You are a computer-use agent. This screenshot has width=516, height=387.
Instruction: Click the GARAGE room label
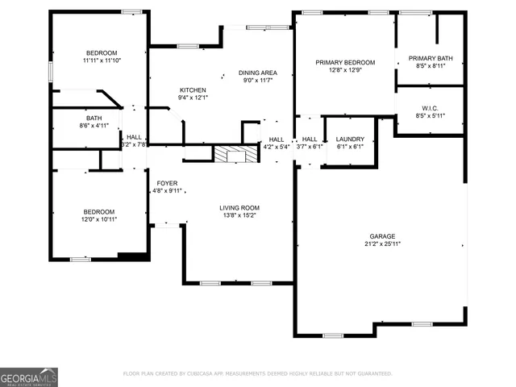coord(382,236)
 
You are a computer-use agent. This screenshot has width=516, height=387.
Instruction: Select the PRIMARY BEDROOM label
coord(345,63)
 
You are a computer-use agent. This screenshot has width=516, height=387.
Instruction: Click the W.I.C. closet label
coord(429,108)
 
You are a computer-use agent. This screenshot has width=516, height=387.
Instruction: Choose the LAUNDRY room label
coord(350,139)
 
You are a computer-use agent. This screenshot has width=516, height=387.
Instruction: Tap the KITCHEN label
coord(193,90)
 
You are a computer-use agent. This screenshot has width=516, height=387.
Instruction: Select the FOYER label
coord(167,183)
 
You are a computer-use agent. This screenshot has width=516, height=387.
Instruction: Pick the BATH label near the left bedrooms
coord(83,119)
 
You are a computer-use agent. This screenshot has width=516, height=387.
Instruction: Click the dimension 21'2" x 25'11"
coord(382,244)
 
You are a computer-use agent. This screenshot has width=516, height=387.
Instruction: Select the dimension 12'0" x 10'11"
coord(98,219)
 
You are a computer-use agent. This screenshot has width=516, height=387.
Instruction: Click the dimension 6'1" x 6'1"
coord(350,147)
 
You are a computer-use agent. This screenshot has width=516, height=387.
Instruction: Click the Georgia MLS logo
coord(29,377)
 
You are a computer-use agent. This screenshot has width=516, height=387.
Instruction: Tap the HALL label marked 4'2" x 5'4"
coord(277,139)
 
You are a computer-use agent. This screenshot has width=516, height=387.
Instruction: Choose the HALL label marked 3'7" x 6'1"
coord(309,139)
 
